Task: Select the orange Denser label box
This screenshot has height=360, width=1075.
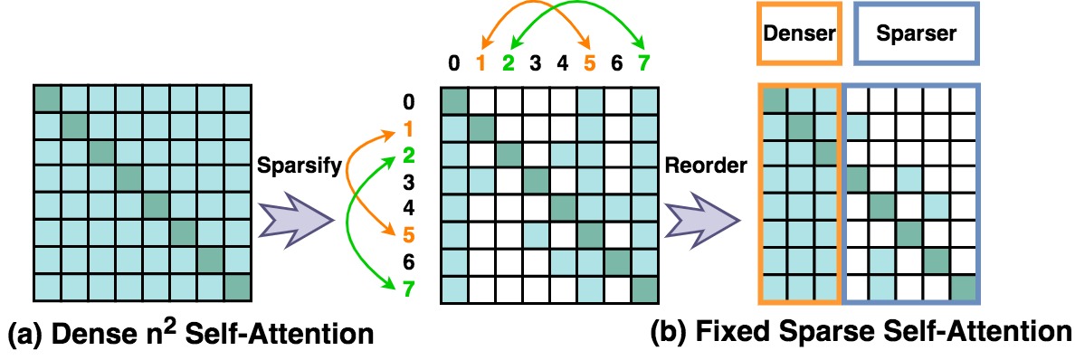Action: [x=799, y=34]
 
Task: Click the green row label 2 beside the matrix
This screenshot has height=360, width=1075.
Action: [x=408, y=154]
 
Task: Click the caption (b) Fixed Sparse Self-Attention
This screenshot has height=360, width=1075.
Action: [x=861, y=333]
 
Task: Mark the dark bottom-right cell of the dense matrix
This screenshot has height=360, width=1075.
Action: [x=237, y=289]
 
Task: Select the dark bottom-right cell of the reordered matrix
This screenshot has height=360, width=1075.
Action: [x=963, y=289]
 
